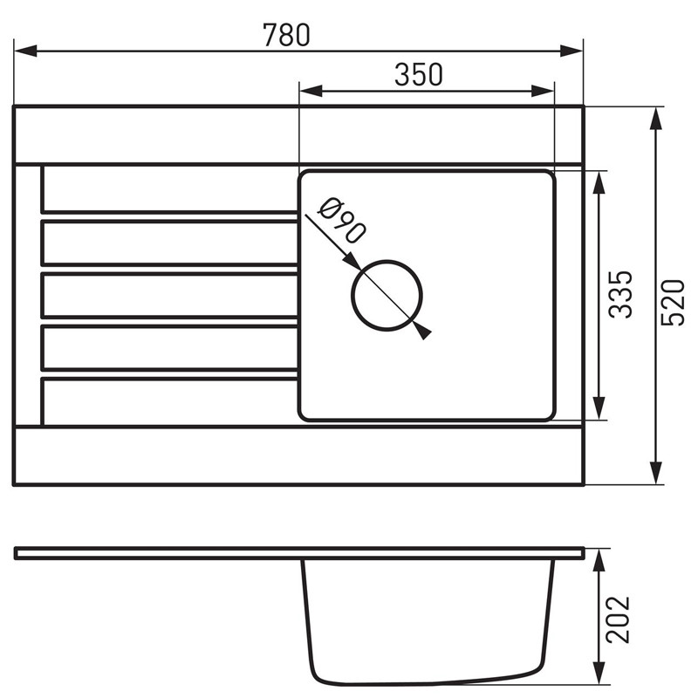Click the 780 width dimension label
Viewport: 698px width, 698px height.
(286, 35)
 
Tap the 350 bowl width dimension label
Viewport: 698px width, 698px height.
(419, 74)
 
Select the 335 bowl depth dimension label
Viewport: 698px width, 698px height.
(620, 294)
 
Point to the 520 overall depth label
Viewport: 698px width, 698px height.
(672, 303)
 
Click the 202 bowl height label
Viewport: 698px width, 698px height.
(619, 619)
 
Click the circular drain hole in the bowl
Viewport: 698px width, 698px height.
(387, 296)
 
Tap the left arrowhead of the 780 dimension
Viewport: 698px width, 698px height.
(25, 51)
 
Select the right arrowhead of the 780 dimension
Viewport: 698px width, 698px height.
(571, 51)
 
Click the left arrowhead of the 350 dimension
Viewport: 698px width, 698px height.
(311, 92)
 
